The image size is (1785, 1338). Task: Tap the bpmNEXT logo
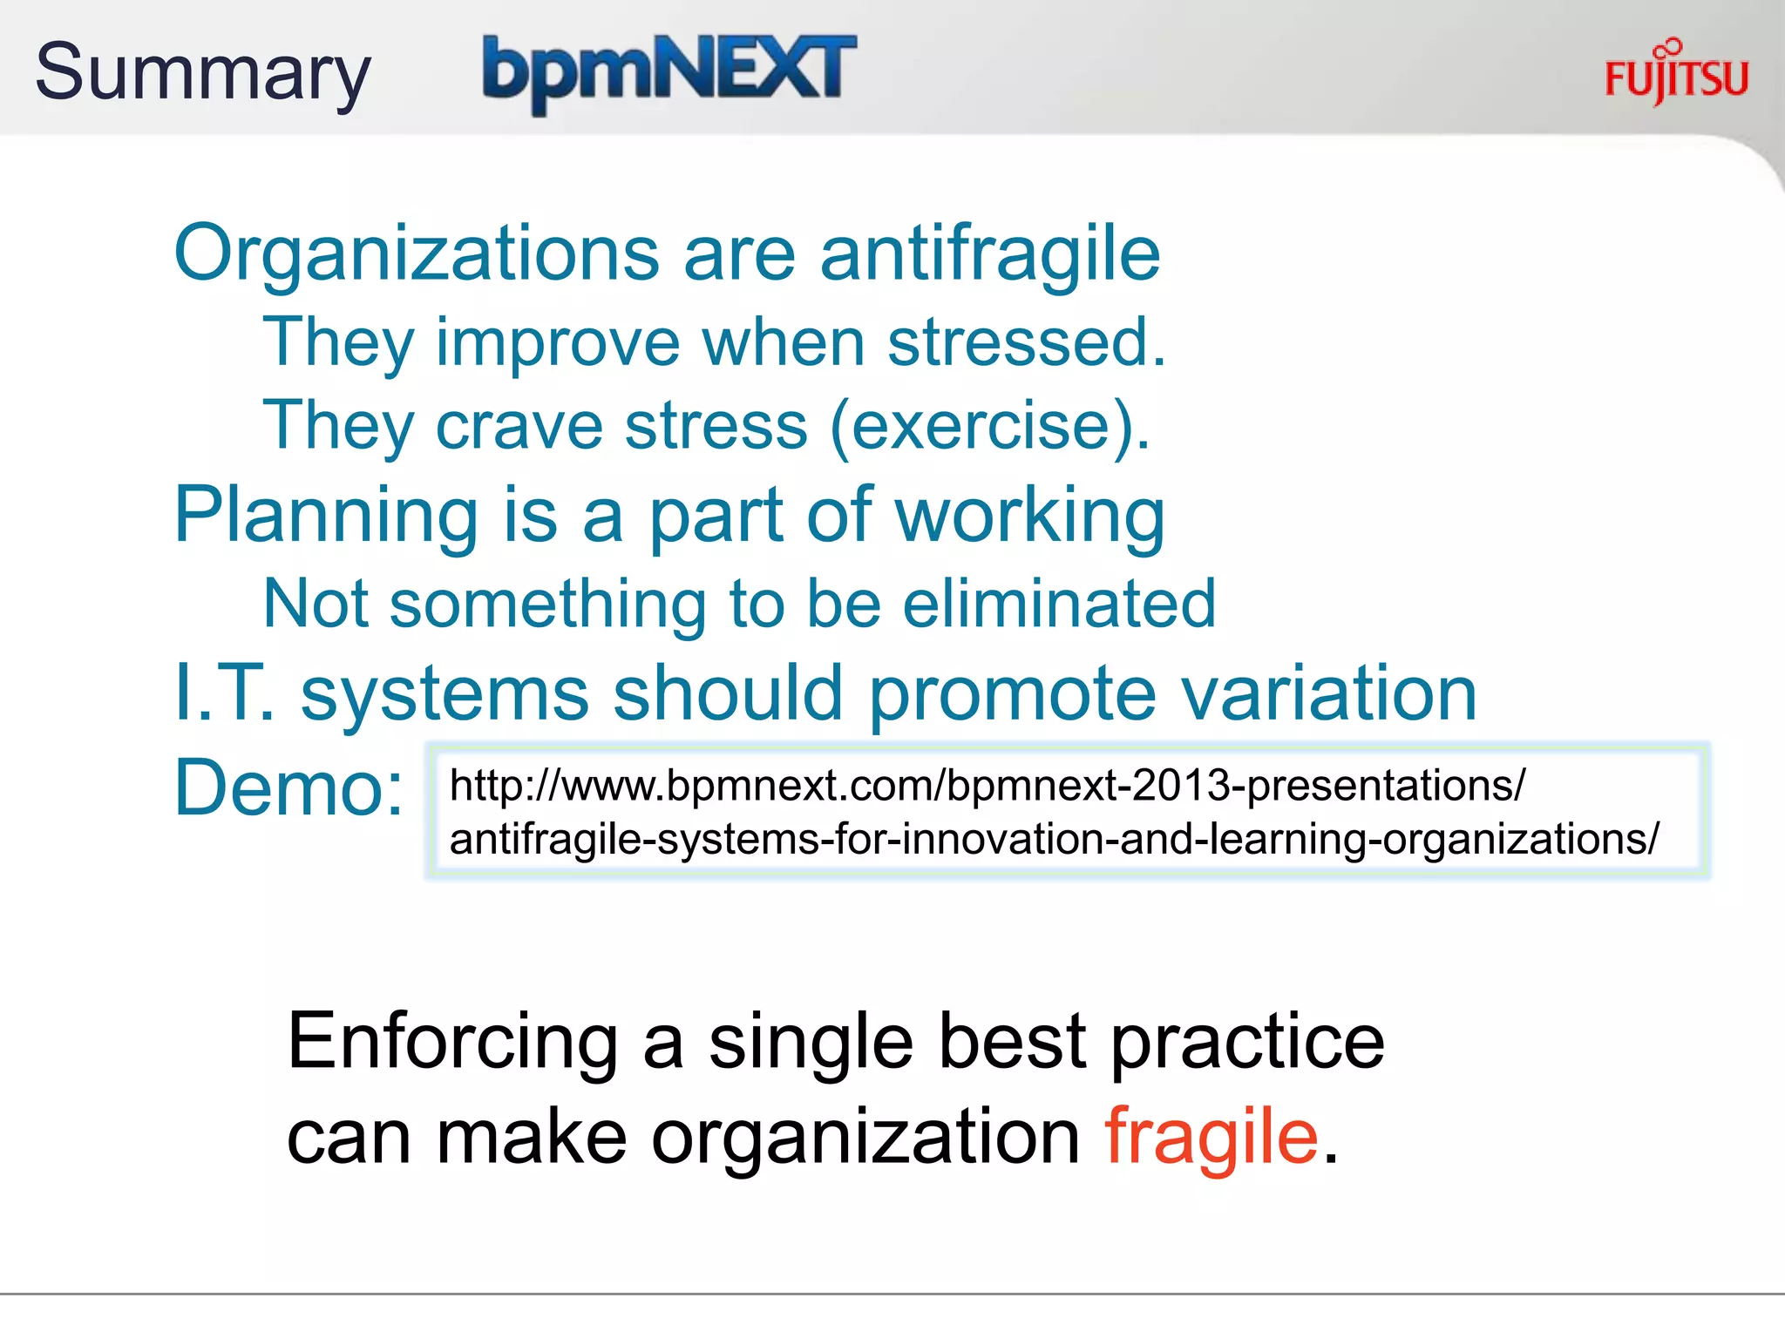[669, 71]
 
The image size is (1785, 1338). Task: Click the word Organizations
[417, 253]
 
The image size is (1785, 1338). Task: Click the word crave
[519, 426]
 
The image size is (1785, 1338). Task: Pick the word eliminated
[1058, 604]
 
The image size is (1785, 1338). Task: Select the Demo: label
[288, 787]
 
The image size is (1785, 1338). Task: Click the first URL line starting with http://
[987, 786]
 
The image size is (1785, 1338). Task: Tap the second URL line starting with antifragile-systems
[1054, 839]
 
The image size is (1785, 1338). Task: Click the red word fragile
[1211, 1136]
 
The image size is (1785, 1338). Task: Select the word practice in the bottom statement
[1247, 1042]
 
